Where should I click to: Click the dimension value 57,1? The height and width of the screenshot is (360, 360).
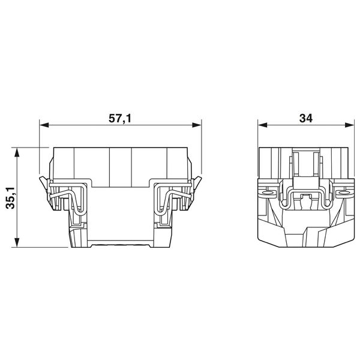click(119, 119)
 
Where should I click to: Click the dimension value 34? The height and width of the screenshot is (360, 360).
click(304, 119)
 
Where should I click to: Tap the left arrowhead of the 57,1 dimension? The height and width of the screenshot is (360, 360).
click(44, 125)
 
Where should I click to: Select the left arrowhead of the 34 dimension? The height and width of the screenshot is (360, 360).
click(262, 125)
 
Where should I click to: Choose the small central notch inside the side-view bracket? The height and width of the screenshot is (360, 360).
click(305, 196)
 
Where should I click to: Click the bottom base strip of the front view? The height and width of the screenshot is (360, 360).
click(120, 244)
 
